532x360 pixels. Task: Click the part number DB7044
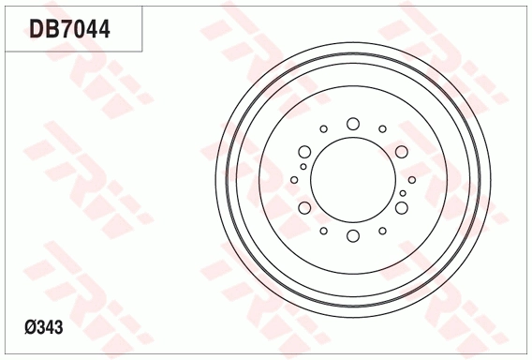[70, 29]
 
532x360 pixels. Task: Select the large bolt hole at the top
[353, 124]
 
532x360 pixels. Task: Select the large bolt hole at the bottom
[353, 236]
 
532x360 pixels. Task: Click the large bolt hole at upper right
[401, 152]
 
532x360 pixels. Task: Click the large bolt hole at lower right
[401, 208]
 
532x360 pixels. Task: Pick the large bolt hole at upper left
[304, 152]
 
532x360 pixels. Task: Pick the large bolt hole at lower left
[304, 208]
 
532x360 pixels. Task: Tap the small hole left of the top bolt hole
[323, 129]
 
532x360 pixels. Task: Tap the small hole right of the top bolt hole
[382, 129]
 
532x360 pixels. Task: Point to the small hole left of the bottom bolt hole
[323, 231]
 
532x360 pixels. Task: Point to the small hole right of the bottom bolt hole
[382, 231]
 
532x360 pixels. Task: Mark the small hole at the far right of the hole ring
[412, 180]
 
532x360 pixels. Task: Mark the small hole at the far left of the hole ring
[294, 180]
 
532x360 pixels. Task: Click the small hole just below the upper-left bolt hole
[303, 167]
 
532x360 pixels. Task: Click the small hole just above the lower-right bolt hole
[403, 193]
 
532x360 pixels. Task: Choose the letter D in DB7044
[37, 29]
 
